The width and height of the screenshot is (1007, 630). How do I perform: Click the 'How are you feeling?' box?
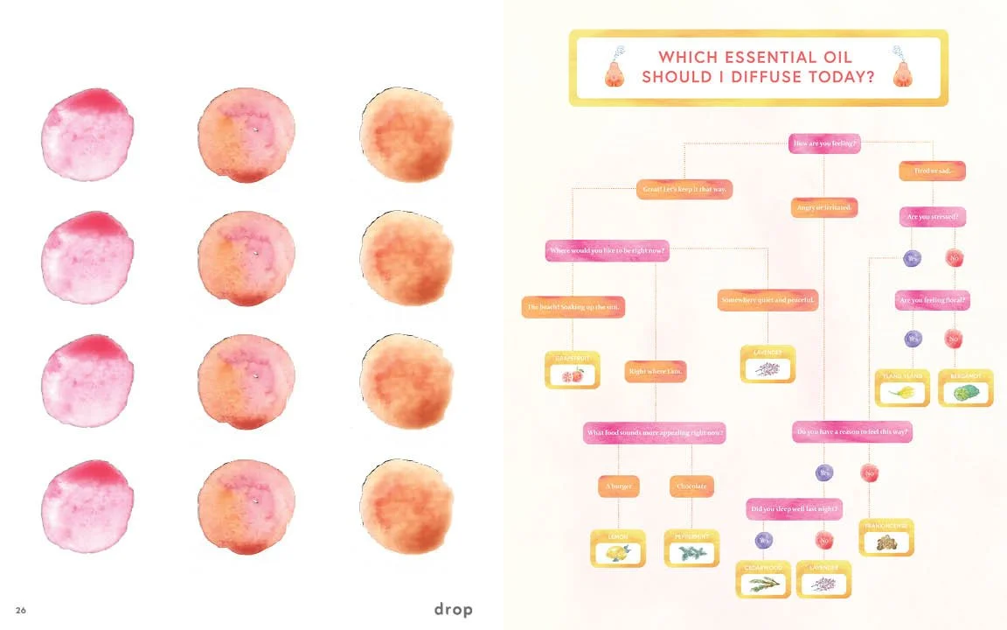click(824, 143)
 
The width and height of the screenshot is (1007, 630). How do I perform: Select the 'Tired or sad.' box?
click(933, 171)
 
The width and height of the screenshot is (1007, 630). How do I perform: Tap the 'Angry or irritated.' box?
click(824, 207)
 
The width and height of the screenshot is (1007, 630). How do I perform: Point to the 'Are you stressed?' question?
click(933, 217)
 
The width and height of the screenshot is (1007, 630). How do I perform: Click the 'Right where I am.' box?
click(656, 372)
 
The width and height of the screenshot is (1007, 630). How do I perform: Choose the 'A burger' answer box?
click(619, 486)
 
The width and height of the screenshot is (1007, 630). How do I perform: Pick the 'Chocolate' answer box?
click(691, 486)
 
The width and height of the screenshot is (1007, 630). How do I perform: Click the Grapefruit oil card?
click(573, 370)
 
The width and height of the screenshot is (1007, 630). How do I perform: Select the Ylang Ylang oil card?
click(903, 388)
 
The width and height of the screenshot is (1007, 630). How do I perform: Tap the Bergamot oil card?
click(966, 388)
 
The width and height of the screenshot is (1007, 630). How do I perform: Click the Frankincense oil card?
click(886, 537)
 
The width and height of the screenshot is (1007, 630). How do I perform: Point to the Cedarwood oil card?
click(763, 579)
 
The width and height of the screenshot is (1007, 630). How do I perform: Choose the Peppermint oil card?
click(691, 548)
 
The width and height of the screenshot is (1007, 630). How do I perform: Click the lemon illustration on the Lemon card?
click(619, 553)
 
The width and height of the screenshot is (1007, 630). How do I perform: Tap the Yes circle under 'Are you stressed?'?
click(913, 258)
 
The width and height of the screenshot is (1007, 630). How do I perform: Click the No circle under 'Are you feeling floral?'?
click(954, 338)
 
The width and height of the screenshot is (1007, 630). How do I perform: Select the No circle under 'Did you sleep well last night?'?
click(823, 540)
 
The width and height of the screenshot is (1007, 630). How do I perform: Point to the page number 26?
click(20, 610)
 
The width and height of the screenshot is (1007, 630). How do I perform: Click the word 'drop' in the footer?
click(453, 610)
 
